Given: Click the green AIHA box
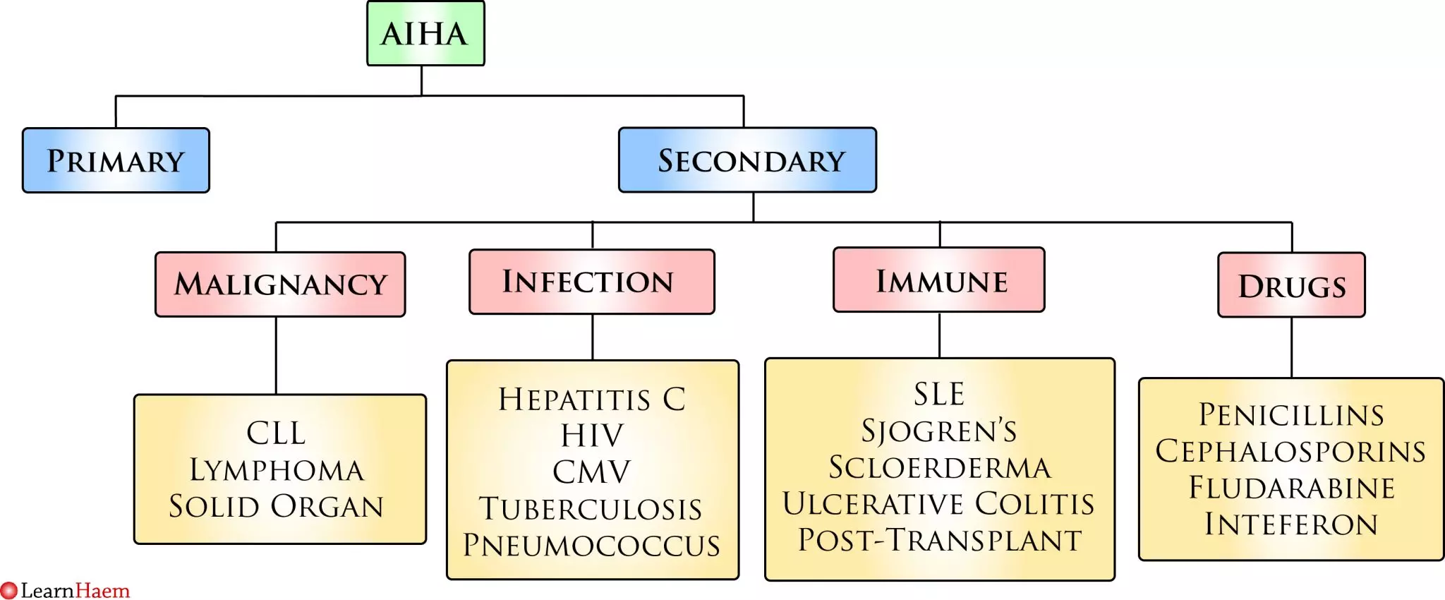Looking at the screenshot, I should coord(425,34).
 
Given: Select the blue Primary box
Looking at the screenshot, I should coord(116,160).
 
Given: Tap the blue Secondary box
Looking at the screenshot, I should coord(748,160).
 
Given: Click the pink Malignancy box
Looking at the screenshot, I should coord(280,284).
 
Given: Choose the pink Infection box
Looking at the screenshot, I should coord(591,282).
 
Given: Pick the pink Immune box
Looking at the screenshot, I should coord(939,280).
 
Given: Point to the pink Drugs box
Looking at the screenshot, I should coord(1291,285).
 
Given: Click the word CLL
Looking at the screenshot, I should coord(276,433).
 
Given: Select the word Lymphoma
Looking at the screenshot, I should coord(277,470).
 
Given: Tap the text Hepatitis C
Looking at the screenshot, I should coord(592,399).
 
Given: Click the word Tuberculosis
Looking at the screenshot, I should coord(591,509).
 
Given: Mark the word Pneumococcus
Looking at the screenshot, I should coord(591,545).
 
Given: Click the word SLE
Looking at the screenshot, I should coord(939,394).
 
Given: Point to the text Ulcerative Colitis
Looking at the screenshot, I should coord(939,504).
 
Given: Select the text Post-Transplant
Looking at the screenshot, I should coord(939,540).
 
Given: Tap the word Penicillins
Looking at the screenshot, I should coord(1291,415).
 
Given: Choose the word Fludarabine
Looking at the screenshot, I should coord(1291,488).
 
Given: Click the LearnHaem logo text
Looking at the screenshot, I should coord(74,590).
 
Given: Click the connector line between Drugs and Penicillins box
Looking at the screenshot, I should coord(1291,347).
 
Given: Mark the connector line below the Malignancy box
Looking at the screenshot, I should coord(276,355).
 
